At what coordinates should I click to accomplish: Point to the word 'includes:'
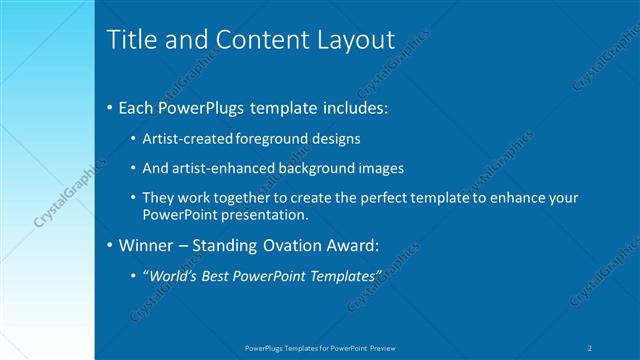click(352, 107)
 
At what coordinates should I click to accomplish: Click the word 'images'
click(380, 168)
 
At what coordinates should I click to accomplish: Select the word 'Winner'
click(144, 243)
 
